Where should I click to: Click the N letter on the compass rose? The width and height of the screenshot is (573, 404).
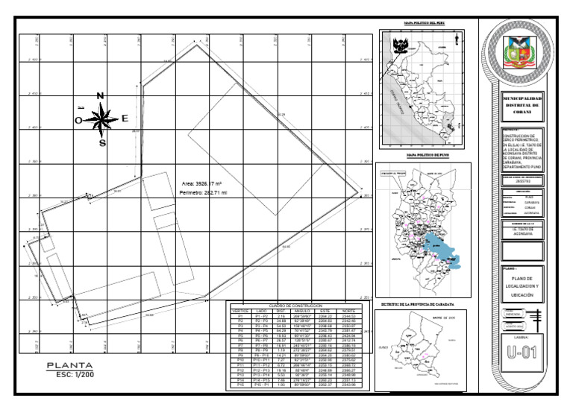(101, 95)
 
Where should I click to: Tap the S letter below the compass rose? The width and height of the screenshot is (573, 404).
(102, 143)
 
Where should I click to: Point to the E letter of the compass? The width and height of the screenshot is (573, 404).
(125, 118)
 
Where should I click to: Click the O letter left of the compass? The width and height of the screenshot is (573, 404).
(78, 120)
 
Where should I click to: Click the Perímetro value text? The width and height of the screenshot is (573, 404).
(203, 192)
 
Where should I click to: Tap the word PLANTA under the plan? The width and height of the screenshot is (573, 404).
(69, 365)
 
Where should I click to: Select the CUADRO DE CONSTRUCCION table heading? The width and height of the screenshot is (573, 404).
(293, 306)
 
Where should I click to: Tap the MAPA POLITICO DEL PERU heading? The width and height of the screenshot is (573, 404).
(425, 25)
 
